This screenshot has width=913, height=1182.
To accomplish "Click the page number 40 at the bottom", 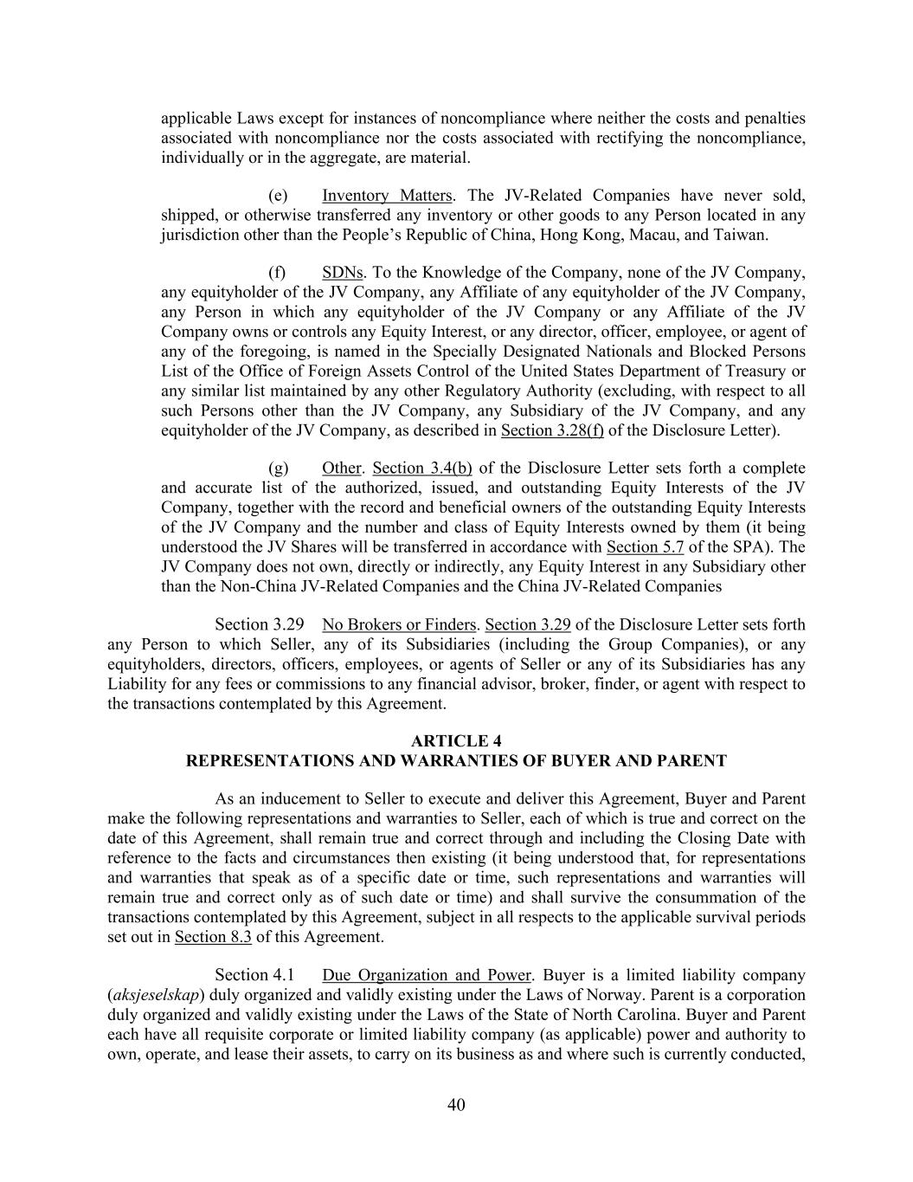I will pyautogui.click(x=456, y=1104).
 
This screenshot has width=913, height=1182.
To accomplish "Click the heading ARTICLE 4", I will pyautogui.click(x=456, y=741).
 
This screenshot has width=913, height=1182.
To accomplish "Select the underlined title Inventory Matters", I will pyautogui.click(x=387, y=196).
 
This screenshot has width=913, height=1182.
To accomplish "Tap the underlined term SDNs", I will pyautogui.click(x=342, y=273).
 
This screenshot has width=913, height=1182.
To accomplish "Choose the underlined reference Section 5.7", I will pyautogui.click(x=645, y=547).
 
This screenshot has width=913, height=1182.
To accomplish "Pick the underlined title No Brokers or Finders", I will pyautogui.click(x=399, y=625).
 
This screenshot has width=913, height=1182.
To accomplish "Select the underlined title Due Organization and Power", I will pyautogui.click(x=426, y=976).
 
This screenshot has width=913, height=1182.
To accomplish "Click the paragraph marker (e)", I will pyautogui.click(x=278, y=196).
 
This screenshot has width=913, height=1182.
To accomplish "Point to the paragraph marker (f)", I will pyautogui.click(x=277, y=273).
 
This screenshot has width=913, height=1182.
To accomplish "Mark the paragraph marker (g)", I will pyautogui.click(x=278, y=468).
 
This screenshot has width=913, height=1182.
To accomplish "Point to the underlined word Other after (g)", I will pyautogui.click(x=341, y=468).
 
